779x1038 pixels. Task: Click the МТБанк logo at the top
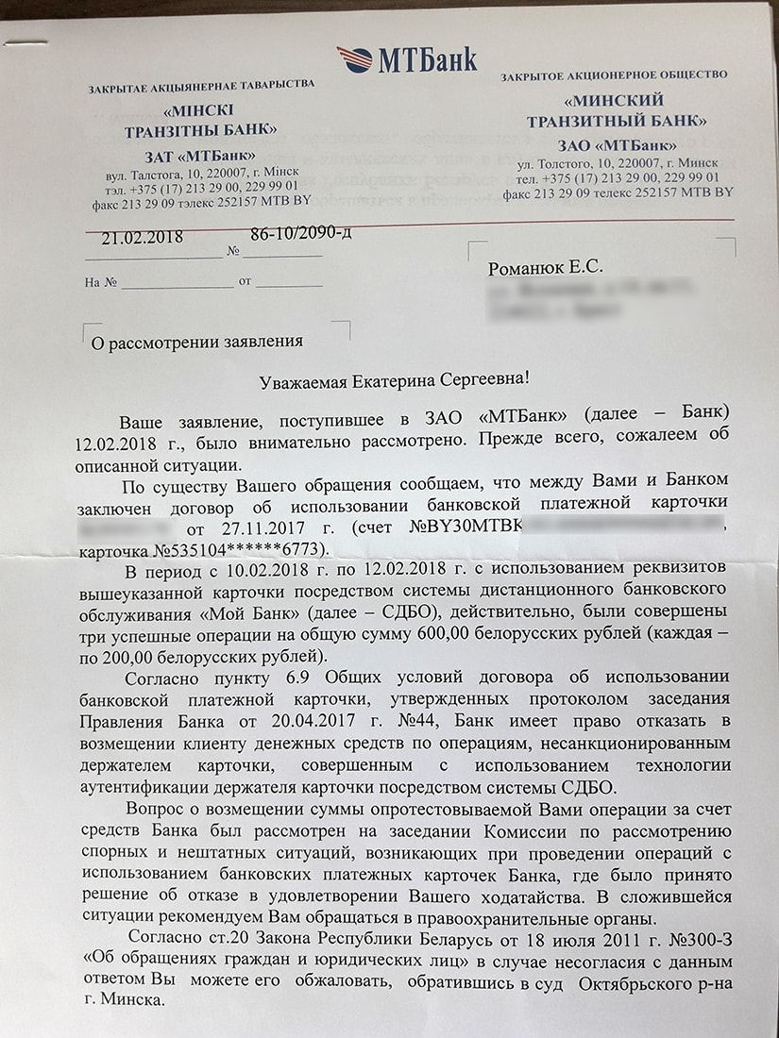pos(407,59)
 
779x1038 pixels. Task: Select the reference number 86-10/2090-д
pos(300,233)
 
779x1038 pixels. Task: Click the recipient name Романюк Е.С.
pos(545,268)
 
